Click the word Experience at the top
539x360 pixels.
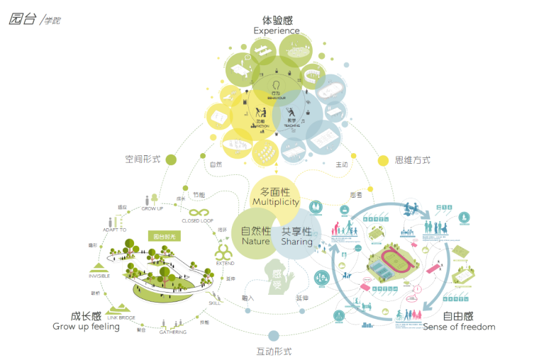tap(276, 30)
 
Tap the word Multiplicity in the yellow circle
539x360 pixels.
tap(276, 203)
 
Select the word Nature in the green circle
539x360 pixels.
tap(255, 242)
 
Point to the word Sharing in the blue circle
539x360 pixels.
tap(296, 242)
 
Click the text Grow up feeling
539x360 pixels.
tap(86, 327)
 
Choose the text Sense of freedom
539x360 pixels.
tap(459, 327)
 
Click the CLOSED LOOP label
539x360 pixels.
tap(197, 221)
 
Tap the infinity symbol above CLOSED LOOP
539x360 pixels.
tap(197, 211)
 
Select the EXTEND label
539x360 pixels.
tap(225, 264)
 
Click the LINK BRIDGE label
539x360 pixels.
tap(121, 317)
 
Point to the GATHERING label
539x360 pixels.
tap(172, 332)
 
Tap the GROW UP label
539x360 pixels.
tap(152, 209)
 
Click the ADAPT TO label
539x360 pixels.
tap(113, 230)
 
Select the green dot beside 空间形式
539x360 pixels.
tap(170, 159)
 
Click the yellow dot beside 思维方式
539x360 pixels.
tap(383, 160)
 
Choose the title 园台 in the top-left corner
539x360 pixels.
tap(23, 19)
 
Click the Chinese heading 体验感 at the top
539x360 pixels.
tap(276, 20)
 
